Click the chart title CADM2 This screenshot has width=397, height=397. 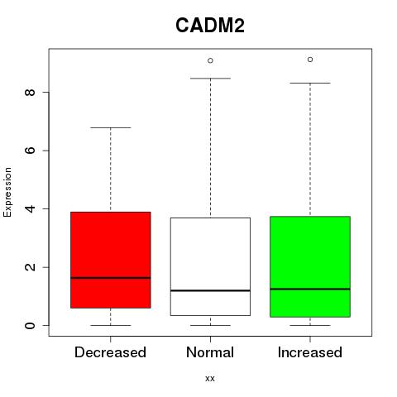pyautogui.click(x=210, y=26)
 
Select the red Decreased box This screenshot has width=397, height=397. pyautogui.click(x=111, y=260)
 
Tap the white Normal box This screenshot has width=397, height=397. pyautogui.click(x=210, y=266)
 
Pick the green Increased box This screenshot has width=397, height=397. pyautogui.click(x=310, y=266)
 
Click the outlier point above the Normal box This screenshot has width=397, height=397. pyautogui.click(x=210, y=60)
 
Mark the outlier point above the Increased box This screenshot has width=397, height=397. pyautogui.click(x=310, y=60)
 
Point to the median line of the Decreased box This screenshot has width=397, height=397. pyautogui.click(x=111, y=278)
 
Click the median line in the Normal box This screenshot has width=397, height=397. pyautogui.click(x=210, y=290)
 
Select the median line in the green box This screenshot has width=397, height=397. pyautogui.click(x=310, y=289)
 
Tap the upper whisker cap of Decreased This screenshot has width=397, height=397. pyautogui.click(x=111, y=127)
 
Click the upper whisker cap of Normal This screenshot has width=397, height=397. pyautogui.click(x=210, y=79)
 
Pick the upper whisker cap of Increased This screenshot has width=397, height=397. pyautogui.click(x=310, y=83)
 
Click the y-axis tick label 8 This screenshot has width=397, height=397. pyautogui.click(x=30, y=92)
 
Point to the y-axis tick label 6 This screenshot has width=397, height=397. pyautogui.click(x=30, y=151)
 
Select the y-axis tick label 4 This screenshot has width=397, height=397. pyautogui.click(x=30, y=208)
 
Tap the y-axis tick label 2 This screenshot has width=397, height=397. pyautogui.click(x=30, y=267)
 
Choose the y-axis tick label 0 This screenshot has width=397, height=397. pyautogui.click(x=30, y=325)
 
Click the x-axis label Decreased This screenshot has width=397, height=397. pyautogui.click(x=110, y=352)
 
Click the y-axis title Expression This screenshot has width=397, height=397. pyautogui.click(x=7, y=192)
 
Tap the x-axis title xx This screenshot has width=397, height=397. pyautogui.click(x=210, y=379)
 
